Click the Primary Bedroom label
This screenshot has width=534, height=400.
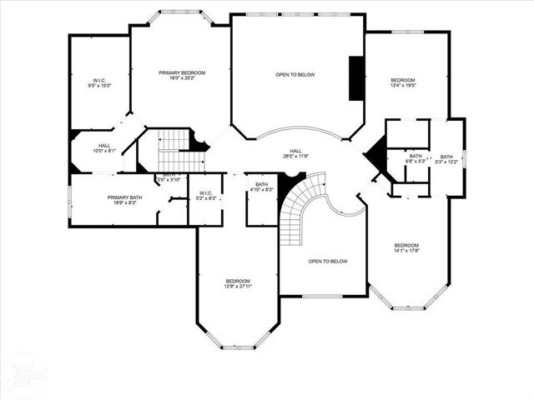(182, 76)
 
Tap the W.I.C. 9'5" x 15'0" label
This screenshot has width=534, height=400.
(98, 83)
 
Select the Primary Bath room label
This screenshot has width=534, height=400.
(124, 201)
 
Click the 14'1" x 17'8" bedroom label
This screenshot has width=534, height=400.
(406, 247)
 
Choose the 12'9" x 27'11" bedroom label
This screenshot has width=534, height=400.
(238, 285)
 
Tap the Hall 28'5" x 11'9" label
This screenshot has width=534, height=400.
(295, 153)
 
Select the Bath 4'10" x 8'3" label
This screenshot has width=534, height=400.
(261, 187)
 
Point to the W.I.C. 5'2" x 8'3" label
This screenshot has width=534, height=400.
(205, 195)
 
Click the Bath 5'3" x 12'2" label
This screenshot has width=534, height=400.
(446, 159)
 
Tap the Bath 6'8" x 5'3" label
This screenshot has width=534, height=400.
(416, 158)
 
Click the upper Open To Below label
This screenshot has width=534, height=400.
(295, 75)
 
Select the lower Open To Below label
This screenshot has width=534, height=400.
(327, 262)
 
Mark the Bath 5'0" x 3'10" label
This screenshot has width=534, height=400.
(170, 177)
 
